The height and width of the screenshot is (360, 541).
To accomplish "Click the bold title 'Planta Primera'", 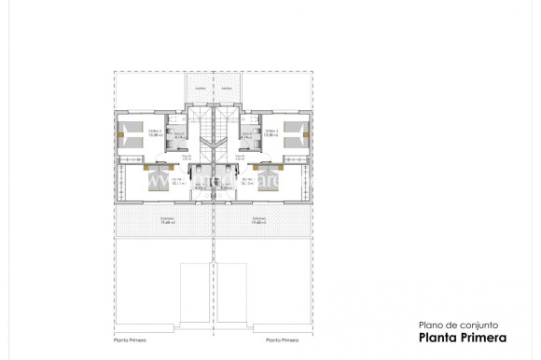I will pyautogui.click(x=462, y=338).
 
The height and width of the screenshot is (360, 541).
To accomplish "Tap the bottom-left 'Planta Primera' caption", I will pyautogui.click(x=131, y=339).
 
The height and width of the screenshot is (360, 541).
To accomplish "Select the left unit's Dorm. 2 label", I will pyautogui.click(x=154, y=132).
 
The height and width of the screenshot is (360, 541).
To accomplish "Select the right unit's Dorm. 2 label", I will pyautogui.click(x=271, y=132).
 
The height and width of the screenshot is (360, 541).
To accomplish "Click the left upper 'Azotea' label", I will pyautogui.click(x=198, y=89).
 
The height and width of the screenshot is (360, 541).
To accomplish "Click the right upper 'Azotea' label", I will pyautogui.click(x=227, y=89).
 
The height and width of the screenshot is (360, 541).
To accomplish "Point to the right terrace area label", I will pyautogui.click(x=258, y=221).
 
